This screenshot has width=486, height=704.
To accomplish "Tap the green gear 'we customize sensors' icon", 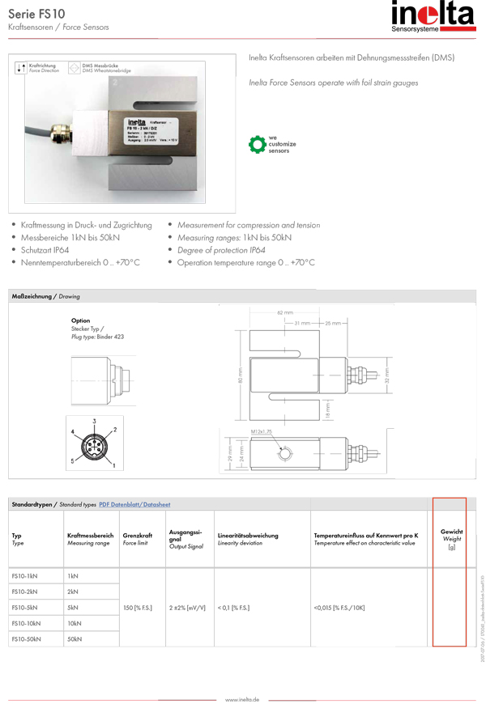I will click(x=257, y=144).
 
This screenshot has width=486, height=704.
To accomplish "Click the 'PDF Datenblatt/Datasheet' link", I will click(x=134, y=504).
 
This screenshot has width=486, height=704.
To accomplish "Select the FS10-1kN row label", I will click(x=24, y=575).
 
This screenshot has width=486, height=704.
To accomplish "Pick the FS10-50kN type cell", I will click(x=26, y=638).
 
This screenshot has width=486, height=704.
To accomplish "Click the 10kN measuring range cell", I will click(x=75, y=623).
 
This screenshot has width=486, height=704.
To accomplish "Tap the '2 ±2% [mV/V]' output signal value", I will click(x=187, y=607).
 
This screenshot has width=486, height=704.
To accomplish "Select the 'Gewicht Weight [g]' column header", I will click(x=451, y=539).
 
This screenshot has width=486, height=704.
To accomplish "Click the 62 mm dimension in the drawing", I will click(x=285, y=312).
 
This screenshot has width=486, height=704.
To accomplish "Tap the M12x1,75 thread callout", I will click(x=262, y=434).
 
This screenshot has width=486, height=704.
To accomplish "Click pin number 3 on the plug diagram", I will click(x=94, y=422).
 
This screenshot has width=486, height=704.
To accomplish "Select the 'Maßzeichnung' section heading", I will click(x=32, y=297).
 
